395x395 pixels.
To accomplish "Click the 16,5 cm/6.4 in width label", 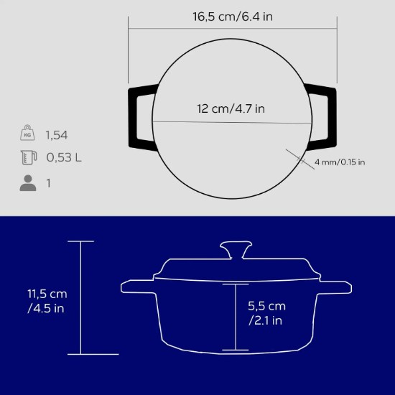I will (x=232, y=16).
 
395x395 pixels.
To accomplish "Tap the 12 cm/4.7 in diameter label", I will (x=231, y=109).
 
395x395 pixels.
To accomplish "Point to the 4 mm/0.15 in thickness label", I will (x=340, y=162).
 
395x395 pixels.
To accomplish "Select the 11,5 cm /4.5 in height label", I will (x=47, y=301).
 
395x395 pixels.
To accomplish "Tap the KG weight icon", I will (x=27, y=134).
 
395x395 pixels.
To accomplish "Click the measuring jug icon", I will (x=27, y=158).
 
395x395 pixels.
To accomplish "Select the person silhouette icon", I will (x=27, y=184).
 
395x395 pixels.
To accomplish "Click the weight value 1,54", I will (x=57, y=134).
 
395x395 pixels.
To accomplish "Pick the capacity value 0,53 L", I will (x=64, y=158).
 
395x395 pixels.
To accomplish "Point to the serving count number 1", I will (x=49, y=184).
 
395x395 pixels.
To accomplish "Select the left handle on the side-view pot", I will (x=138, y=287).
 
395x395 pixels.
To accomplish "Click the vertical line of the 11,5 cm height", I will (x=80, y=297).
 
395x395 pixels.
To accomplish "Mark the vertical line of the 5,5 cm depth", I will (x=235, y=316).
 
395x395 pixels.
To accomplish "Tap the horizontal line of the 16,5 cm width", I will (x=233, y=29).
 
